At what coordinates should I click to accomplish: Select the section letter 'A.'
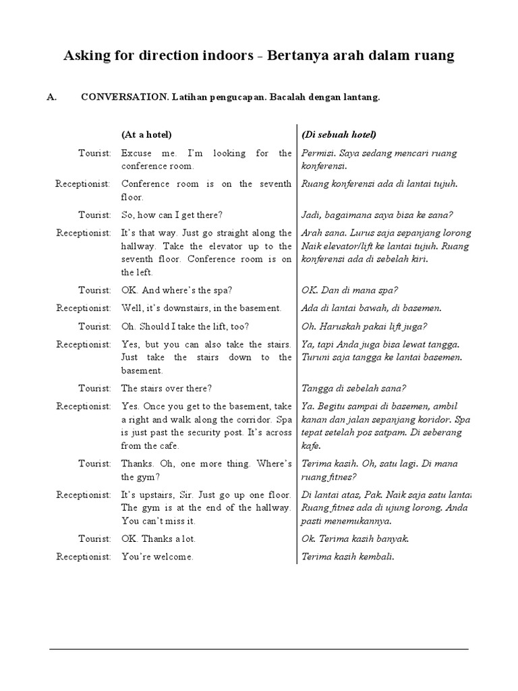point(51,97)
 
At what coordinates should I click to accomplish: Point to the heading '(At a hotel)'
point(146,134)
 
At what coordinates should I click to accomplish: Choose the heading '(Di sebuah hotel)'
point(339,134)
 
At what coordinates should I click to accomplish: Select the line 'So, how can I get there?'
point(172,215)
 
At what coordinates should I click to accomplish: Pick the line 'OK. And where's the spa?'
point(177,290)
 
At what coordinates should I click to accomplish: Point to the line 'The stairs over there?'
point(167,388)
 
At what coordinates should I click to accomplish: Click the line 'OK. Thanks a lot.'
point(159,539)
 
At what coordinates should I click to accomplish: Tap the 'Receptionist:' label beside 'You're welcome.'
point(84,557)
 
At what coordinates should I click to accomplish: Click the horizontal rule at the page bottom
point(259,649)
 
